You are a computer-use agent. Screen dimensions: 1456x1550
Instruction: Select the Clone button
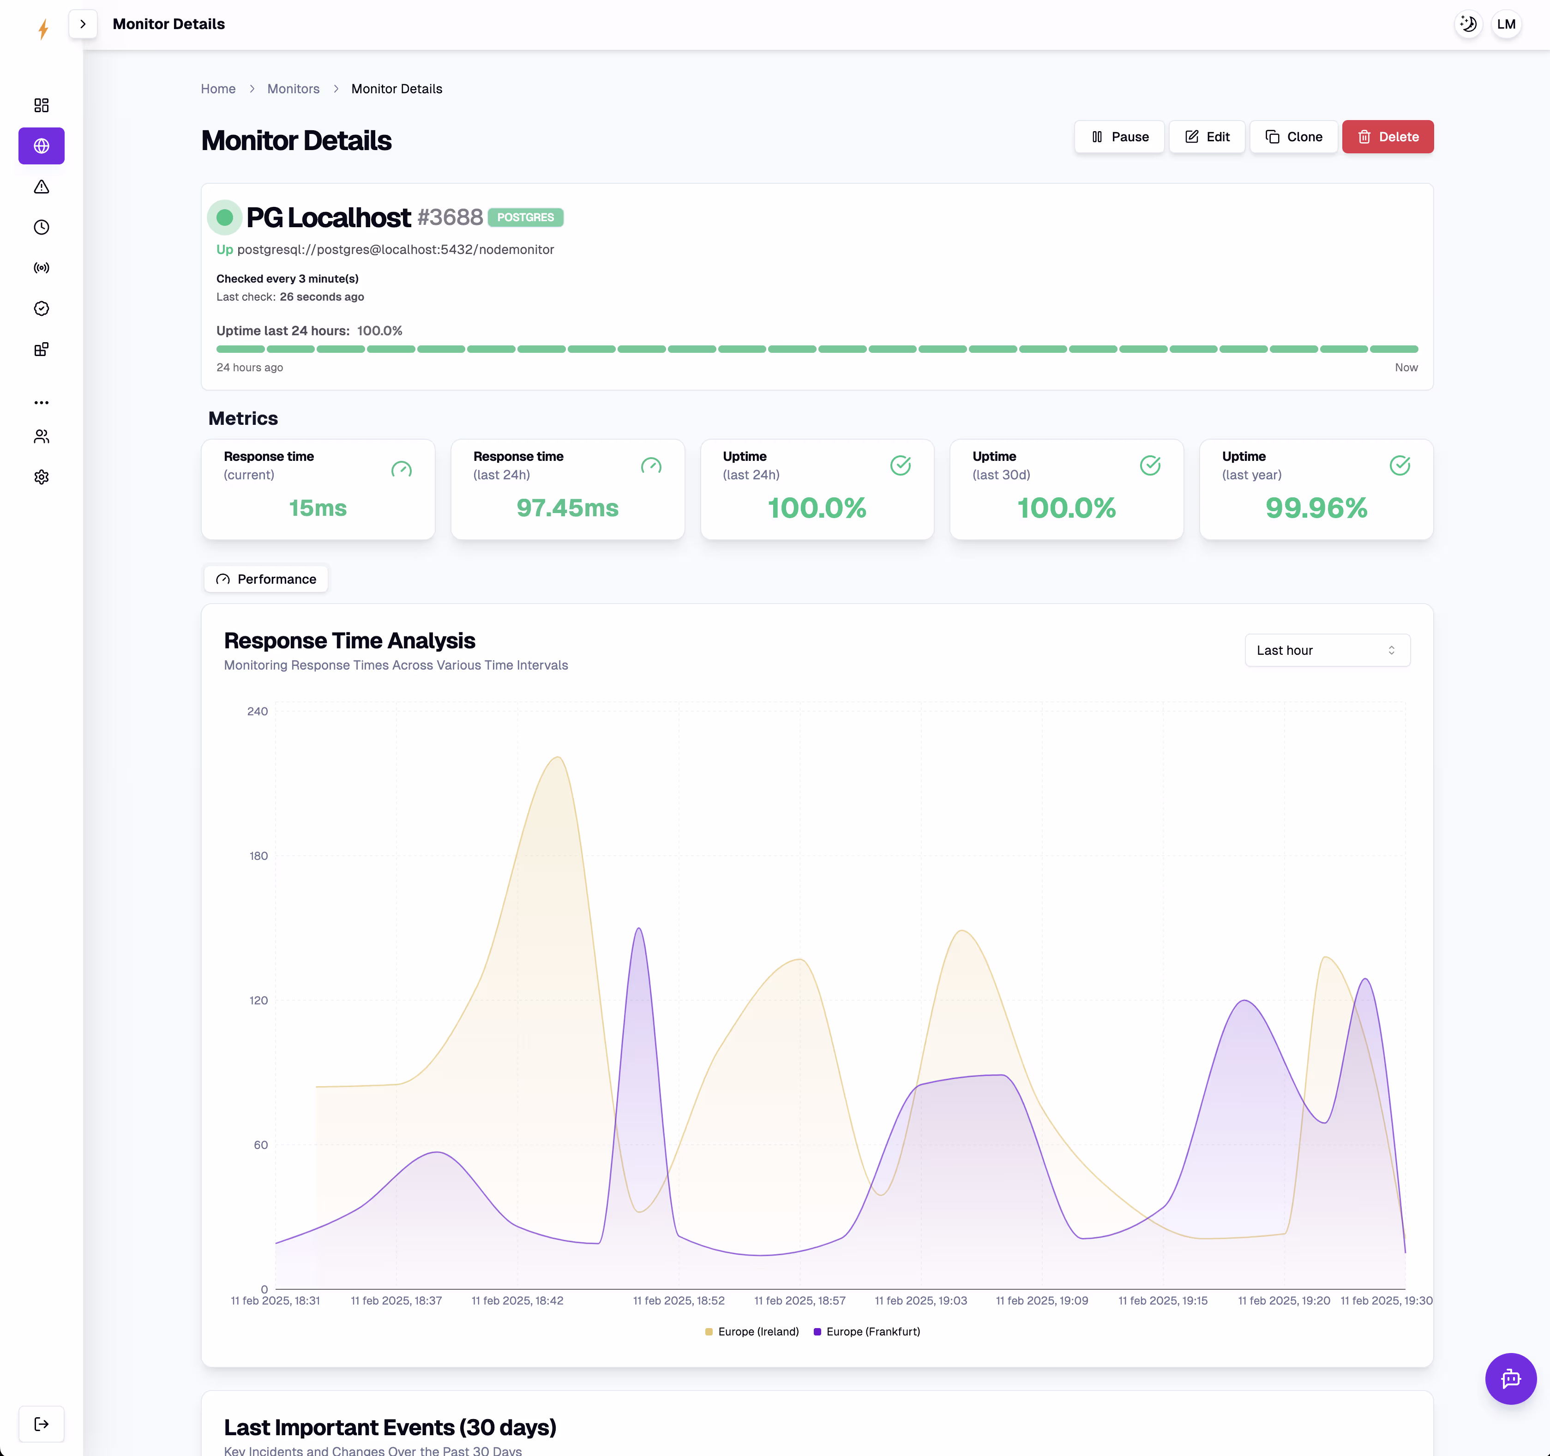[x=1293, y=137]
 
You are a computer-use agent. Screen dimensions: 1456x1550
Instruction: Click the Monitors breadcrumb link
[x=293, y=89]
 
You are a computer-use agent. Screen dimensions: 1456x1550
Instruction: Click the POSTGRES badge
[x=525, y=217]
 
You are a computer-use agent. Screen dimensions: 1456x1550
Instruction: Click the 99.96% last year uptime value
[x=1316, y=507]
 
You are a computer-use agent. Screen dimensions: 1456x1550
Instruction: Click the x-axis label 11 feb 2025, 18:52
[x=679, y=1300]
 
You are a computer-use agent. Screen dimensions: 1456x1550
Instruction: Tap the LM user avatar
[x=1506, y=24]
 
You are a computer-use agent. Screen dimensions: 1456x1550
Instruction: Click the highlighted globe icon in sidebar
[x=42, y=146]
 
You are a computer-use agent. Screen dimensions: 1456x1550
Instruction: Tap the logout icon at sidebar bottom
[x=42, y=1424]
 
